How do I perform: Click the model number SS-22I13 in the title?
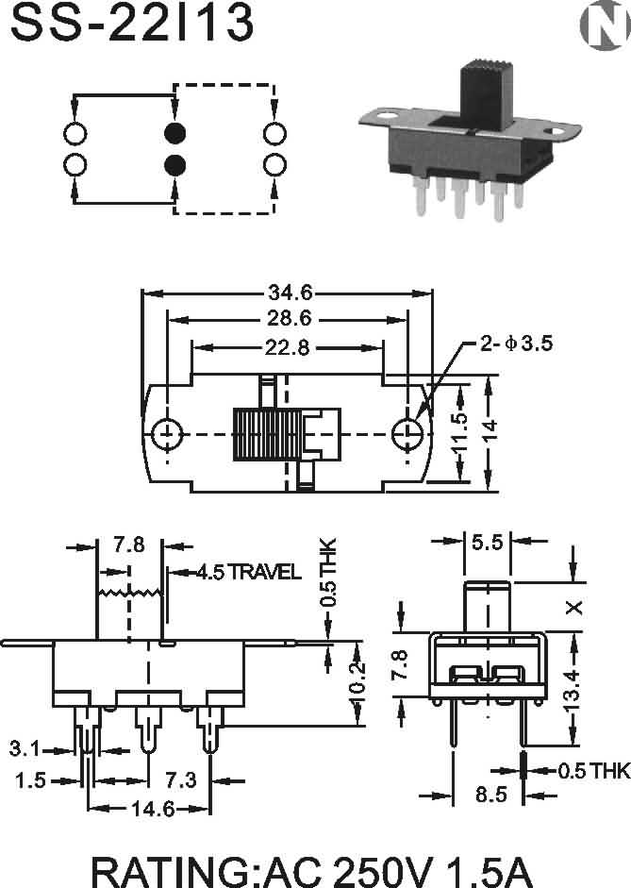pos(132,22)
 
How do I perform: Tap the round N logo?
pos(605,28)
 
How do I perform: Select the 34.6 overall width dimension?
pos(290,293)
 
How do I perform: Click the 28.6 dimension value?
pos(290,318)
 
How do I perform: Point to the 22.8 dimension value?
pos(288,347)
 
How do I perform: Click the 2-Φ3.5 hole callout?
pos(516,343)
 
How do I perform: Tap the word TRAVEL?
pos(265,572)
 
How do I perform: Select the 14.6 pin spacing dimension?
pos(153,809)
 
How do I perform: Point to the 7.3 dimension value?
pos(181,780)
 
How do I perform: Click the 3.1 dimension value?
pos(25,749)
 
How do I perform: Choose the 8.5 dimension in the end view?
pos(490,795)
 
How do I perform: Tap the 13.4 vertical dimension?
pos(573,691)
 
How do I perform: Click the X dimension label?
pos(573,608)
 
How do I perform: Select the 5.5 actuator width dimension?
pos(488,543)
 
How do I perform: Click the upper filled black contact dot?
pos(174,134)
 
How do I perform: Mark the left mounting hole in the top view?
pos(167,434)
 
